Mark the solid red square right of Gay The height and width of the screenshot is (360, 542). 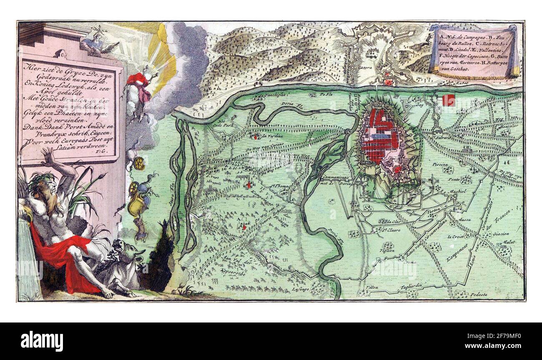coord(449,100)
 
